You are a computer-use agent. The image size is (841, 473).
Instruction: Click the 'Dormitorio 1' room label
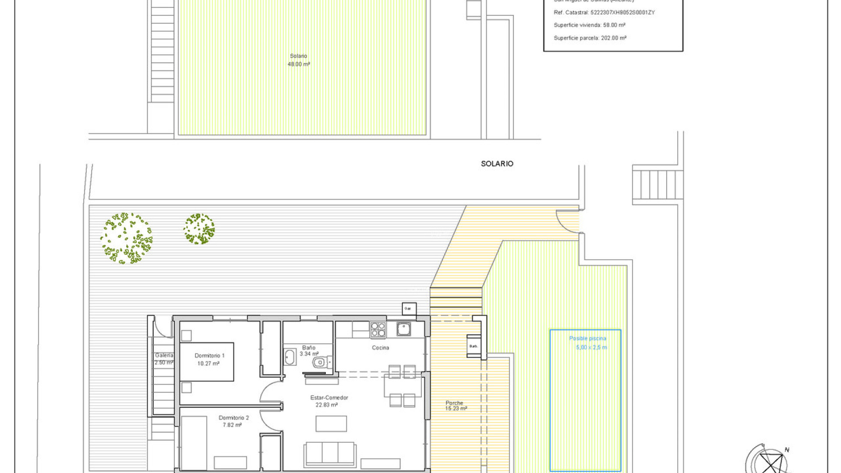pos(209,356)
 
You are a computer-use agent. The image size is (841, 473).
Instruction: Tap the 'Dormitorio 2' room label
pos(233,418)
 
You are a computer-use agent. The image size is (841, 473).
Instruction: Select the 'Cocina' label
pos(380,348)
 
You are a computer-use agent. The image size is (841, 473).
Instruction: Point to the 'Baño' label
pos(308,348)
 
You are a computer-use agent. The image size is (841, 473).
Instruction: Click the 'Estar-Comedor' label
pos(329,398)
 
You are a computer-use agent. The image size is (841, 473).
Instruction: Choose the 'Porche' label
pos(454,403)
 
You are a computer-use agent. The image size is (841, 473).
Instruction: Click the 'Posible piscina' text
pos(587,339)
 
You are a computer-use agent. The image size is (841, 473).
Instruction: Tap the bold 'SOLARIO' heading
pos(497,164)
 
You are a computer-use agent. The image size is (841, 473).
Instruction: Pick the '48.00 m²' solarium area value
pos(299,64)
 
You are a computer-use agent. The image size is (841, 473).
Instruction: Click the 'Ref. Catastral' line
pos(604,13)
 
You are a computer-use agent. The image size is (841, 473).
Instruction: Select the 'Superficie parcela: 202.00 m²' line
pos(590,38)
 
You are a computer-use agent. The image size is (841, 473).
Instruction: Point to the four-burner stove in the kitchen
pos(378,330)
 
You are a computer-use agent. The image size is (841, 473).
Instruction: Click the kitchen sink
pos(403,328)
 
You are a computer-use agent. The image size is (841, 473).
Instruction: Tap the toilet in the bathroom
pos(321,362)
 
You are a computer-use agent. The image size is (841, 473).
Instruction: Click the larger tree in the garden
pos(126,239)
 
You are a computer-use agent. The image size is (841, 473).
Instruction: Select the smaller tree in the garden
pos(199,229)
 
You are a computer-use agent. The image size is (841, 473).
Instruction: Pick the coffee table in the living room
pos(331,424)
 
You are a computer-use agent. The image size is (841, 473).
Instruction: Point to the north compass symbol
pos(770,462)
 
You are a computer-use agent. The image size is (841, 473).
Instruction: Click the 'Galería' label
pos(164,356)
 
